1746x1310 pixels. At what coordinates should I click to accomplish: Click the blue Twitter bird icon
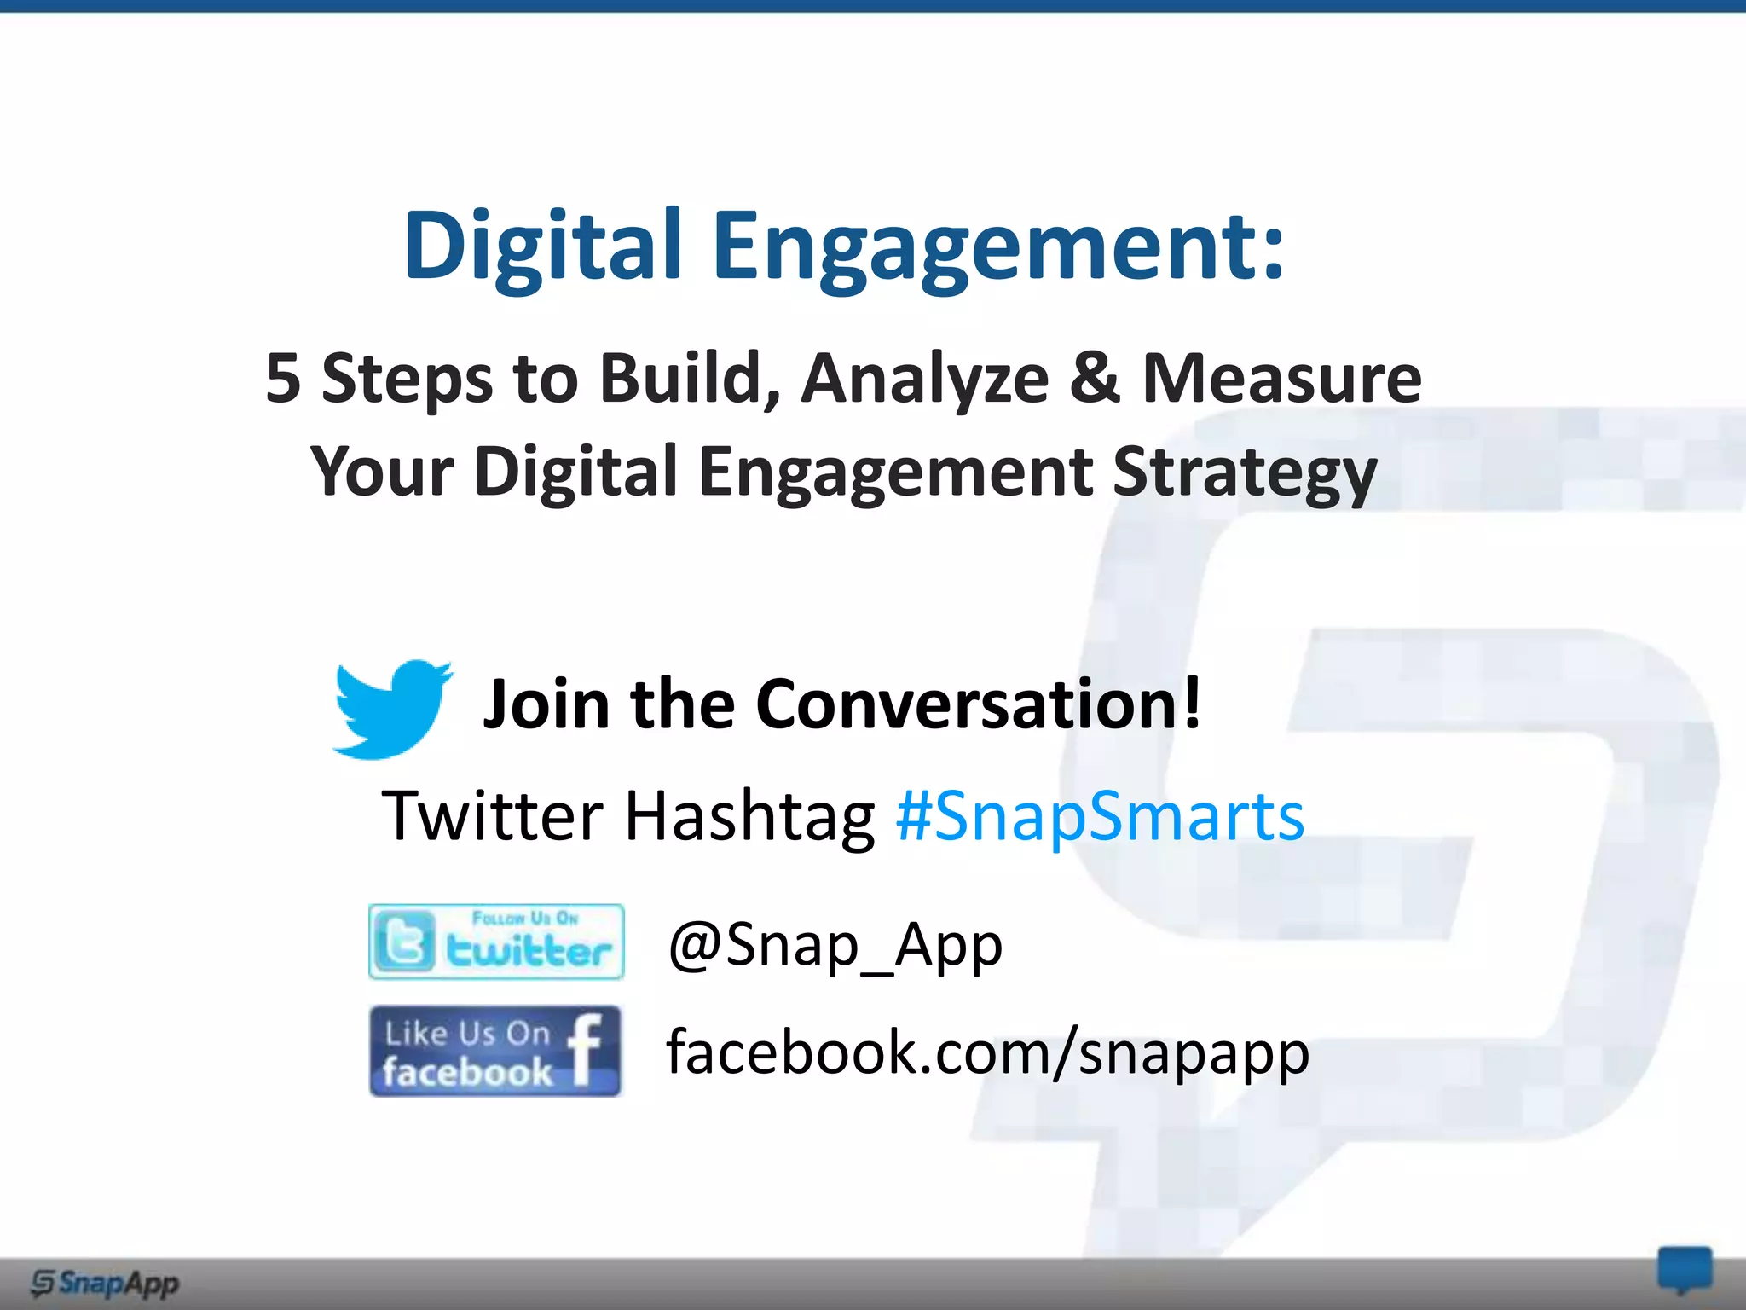pos(392,708)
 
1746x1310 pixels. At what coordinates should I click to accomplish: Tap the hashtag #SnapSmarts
pos(1100,816)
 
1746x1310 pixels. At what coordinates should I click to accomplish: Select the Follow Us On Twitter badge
pos(496,942)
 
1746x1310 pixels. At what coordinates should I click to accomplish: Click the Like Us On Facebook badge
pos(494,1051)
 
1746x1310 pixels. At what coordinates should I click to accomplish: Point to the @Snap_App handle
pos(835,945)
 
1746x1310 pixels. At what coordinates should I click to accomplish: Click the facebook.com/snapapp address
pos(987,1052)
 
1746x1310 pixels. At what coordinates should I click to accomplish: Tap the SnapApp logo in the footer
pos(105,1282)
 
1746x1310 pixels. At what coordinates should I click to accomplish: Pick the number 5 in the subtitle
pos(283,378)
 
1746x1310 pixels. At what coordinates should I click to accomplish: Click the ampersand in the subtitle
pos(1094,378)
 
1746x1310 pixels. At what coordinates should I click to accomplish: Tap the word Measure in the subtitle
pos(1281,378)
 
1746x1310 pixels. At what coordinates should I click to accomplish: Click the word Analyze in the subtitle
pos(925,378)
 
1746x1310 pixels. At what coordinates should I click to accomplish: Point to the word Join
pos(546,704)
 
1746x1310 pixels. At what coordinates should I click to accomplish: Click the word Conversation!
pos(979,704)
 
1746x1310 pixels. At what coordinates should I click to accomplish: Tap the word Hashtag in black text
pos(749,816)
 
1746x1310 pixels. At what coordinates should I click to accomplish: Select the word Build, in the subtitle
pos(689,378)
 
